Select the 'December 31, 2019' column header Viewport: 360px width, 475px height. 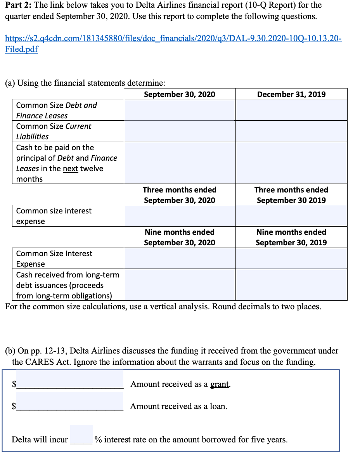point(291,94)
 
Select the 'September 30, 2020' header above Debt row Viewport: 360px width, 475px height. point(179,94)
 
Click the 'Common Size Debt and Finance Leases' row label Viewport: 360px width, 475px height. point(56,110)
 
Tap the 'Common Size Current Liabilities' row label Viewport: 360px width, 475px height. point(54,131)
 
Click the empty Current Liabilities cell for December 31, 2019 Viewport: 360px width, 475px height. point(291,131)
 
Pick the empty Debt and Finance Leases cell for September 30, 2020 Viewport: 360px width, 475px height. point(179,110)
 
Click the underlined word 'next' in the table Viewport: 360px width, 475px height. point(70,168)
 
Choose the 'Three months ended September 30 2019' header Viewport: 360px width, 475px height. point(291,195)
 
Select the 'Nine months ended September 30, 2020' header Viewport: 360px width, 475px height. point(179,237)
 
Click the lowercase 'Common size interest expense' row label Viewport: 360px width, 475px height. point(54,216)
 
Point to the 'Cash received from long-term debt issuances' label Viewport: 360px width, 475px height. point(67,285)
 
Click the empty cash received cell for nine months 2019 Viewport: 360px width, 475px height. point(291,285)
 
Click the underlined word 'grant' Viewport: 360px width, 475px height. point(220,384)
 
